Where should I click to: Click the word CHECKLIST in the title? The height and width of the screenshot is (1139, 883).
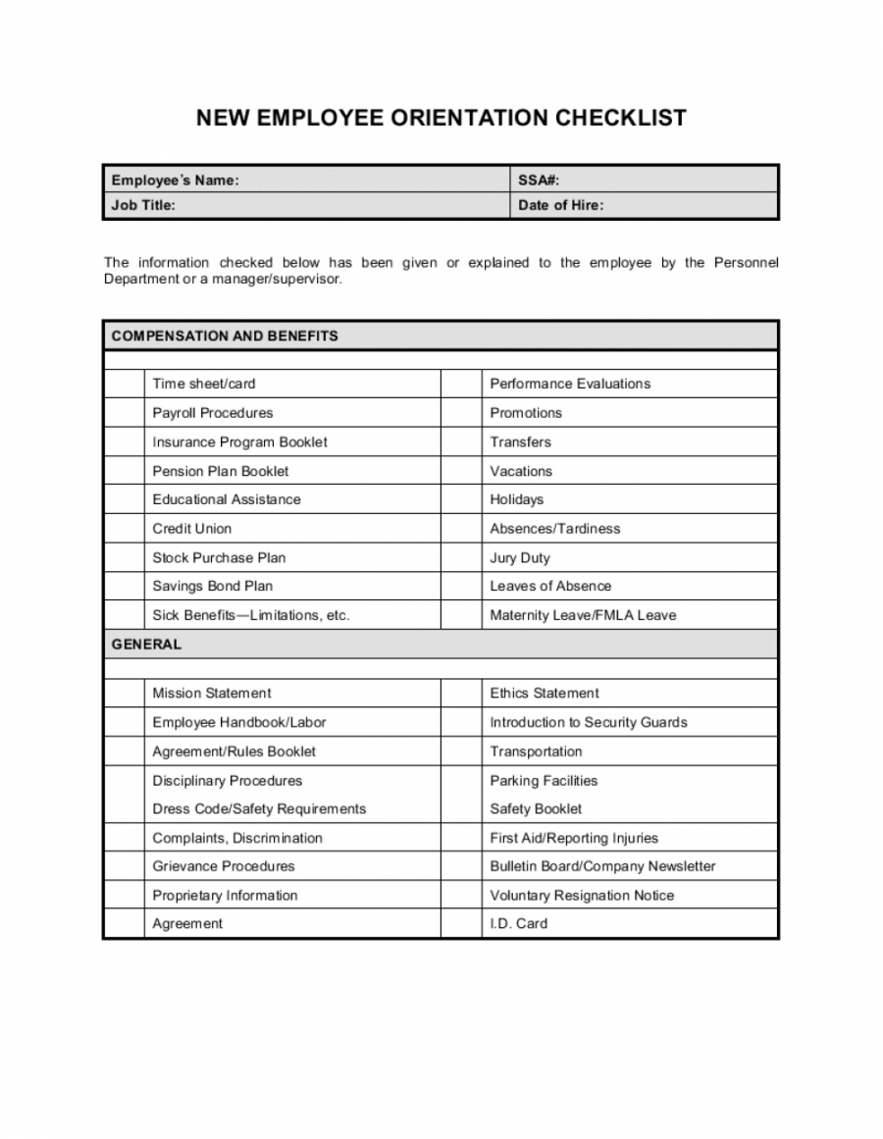(622, 119)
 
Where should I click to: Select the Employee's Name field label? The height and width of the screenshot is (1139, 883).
(175, 181)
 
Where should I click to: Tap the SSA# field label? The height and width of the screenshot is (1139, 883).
(539, 181)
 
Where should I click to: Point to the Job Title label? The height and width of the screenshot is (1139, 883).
(143, 206)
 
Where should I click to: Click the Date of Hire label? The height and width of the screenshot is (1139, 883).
(561, 206)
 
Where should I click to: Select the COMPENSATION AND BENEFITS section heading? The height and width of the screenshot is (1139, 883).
(225, 336)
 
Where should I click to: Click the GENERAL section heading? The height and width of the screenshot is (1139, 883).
(146, 645)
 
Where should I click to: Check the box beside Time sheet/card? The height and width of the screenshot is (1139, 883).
(124, 384)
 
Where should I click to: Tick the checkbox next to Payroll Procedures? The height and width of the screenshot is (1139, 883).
(124, 413)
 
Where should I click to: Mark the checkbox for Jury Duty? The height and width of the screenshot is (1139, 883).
(461, 558)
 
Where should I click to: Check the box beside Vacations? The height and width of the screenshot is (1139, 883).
(461, 471)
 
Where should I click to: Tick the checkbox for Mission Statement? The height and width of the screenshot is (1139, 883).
(124, 694)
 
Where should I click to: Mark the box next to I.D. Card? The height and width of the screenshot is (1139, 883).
(461, 924)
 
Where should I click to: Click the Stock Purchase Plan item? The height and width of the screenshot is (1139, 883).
(219, 558)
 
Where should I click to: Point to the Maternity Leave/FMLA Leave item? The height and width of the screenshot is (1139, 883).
(583, 616)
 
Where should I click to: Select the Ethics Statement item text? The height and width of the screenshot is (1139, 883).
(545, 694)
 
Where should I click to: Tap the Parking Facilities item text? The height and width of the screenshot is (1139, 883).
(544, 781)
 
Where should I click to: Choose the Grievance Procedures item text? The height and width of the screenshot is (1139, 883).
(224, 866)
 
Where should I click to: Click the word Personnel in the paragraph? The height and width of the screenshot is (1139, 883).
(746, 263)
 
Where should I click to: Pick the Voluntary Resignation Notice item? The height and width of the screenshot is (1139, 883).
(582, 896)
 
